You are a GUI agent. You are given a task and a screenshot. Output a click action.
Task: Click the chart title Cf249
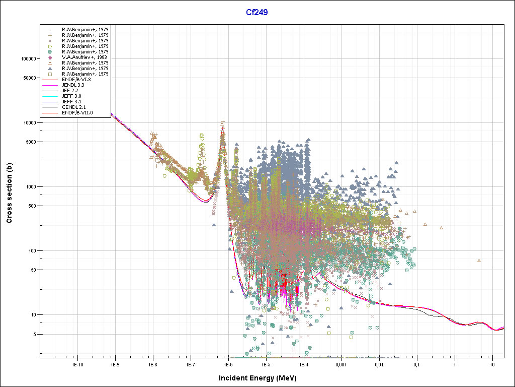[x=256, y=12]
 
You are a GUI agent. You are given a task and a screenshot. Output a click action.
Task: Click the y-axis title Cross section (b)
[x=9, y=193]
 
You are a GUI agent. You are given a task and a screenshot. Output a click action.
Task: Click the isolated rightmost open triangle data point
[x=479, y=261]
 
